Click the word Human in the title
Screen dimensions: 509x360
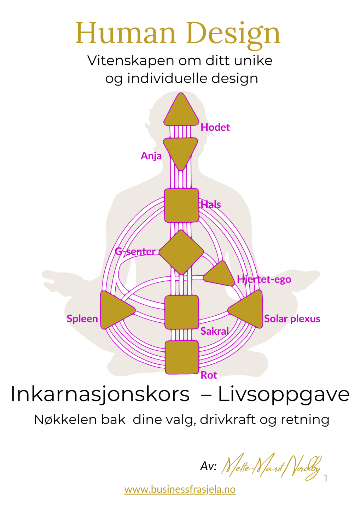pyautogui.click(x=126, y=33)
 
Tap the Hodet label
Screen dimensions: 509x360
pyautogui.click(x=215, y=127)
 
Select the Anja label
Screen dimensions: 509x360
pyautogui.click(x=151, y=156)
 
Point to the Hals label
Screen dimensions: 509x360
pyautogui.click(x=211, y=205)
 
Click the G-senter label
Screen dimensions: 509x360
pyautogui.click(x=135, y=252)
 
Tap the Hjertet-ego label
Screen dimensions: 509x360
pyautogui.click(x=264, y=279)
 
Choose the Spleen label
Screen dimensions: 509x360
pyautogui.click(x=82, y=319)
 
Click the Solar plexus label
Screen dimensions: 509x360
pyautogui.click(x=292, y=319)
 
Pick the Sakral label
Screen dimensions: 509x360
pyautogui.click(x=214, y=331)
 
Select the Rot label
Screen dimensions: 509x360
pyautogui.click(x=209, y=375)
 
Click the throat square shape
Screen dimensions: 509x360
pyautogui.click(x=181, y=205)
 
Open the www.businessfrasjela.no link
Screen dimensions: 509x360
pyautogui.click(x=180, y=489)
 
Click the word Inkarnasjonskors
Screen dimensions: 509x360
pyautogui.click(x=100, y=394)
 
